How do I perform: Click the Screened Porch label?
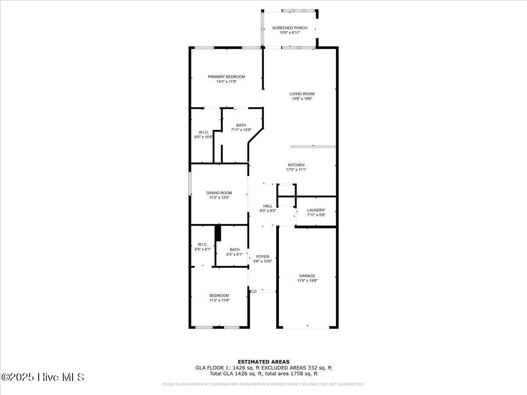(289, 28)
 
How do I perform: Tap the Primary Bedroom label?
(226, 77)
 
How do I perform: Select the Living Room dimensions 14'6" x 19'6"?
(302, 99)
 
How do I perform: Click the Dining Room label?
(219, 193)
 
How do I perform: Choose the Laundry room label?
(316, 210)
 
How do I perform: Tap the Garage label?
(307, 276)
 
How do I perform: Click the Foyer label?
(263, 257)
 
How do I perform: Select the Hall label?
(267, 206)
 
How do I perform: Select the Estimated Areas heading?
(263, 362)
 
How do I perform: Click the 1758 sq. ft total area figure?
(301, 374)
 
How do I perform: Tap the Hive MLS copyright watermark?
(43, 377)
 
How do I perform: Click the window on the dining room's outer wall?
(190, 183)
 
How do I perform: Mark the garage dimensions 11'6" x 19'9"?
(307, 281)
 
